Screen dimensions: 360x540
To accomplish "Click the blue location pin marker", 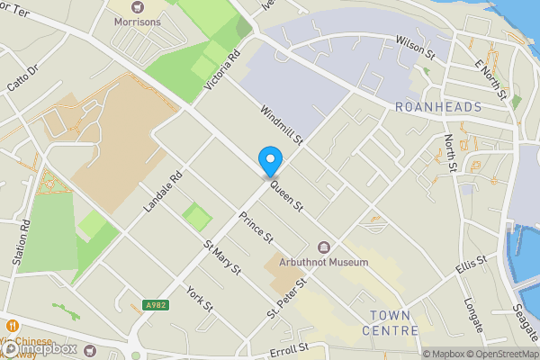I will pyautogui.click(x=269, y=162).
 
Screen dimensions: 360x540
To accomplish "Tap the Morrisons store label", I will pyautogui.click(x=138, y=22).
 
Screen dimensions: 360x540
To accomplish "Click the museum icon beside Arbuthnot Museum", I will pyautogui.click(x=324, y=247).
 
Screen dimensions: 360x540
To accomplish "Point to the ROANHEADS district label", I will pyautogui.click(x=438, y=107).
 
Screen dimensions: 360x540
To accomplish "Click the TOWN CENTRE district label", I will pyautogui.click(x=394, y=322).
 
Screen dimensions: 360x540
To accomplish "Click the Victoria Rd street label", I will pyautogui.click(x=224, y=69).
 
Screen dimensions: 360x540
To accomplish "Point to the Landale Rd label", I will pyautogui.click(x=163, y=192).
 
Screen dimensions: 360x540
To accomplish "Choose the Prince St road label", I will pyautogui.click(x=256, y=227).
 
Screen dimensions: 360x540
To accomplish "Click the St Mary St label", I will pyautogui.click(x=221, y=257).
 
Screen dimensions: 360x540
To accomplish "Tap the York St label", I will pyautogui.click(x=199, y=299).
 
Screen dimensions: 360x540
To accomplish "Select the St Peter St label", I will pyautogui.click(x=286, y=298).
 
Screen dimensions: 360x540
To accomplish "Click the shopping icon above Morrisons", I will pyautogui.click(x=138, y=7).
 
